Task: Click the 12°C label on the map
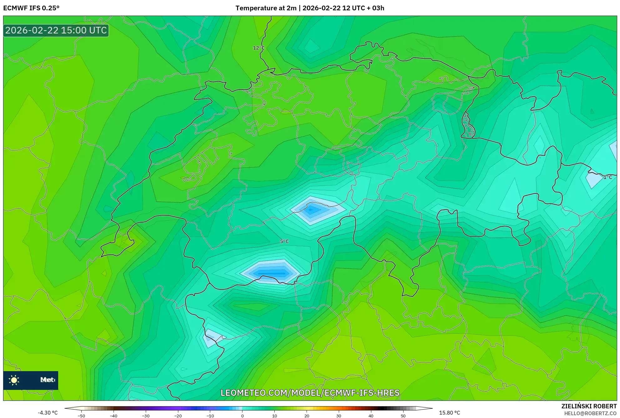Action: point(259,48)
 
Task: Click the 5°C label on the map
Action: point(284,241)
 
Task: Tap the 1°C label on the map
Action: point(607,177)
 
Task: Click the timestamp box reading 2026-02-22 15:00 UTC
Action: point(56,30)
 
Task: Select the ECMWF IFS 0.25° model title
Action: point(31,8)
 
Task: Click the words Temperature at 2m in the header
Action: point(266,8)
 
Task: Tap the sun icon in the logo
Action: point(14,380)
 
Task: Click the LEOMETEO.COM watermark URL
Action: point(310,393)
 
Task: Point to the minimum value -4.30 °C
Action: point(48,413)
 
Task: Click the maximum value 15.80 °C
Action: point(450,413)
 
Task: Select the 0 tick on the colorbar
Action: point(242,416)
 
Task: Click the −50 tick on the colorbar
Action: point(81,416)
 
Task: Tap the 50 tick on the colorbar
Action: point(403,416)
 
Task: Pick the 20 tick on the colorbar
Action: point(307,416)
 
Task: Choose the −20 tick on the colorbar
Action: point(178,416)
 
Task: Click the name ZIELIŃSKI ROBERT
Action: point(589,406)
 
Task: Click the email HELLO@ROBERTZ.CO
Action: point(590,413)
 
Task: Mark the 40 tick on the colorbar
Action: point(371,416)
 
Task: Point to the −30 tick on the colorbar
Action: point(146,416)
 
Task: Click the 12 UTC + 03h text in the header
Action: point(363,8)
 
